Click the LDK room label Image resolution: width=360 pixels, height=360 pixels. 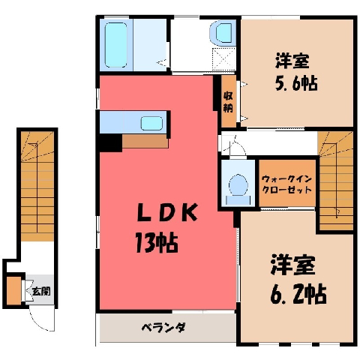coord(167,213)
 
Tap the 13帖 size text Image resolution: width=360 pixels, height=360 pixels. coord(157,243)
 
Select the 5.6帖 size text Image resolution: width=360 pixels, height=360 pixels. coord(296,82)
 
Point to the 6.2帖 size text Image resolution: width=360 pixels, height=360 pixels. coord(298,293)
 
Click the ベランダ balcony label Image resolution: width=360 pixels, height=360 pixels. coord(163,328)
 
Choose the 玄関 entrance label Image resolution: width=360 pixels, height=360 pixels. coord(41,291)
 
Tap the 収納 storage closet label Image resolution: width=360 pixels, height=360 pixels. coord(228,102)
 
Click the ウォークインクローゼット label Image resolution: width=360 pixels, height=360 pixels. coord(286,184)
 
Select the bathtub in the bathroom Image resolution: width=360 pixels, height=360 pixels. coord(115,45)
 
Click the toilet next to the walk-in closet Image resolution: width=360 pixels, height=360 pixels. coord(238,188)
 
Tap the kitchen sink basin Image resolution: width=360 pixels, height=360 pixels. coord(151,123)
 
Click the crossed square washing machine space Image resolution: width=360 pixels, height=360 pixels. coord(223,59)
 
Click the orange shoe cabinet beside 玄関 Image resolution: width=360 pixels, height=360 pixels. coord(13,290)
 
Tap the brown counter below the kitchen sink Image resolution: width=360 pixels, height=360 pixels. coord(145,141)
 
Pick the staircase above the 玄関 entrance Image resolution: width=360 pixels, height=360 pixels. coord(37,186)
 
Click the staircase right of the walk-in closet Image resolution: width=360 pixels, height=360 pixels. coord(336,181)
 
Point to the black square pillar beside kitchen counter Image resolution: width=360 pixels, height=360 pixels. coord(109,142)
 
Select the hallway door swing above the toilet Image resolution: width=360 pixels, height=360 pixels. coord(234,145)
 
